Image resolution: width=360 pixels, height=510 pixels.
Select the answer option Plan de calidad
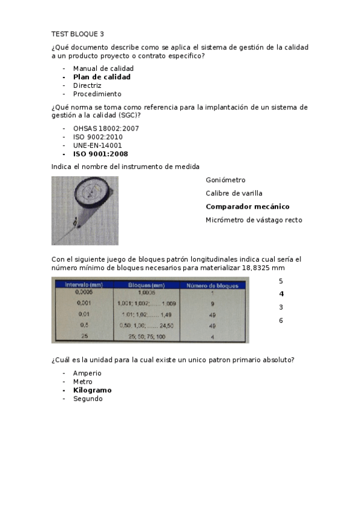click(x=102, y=77)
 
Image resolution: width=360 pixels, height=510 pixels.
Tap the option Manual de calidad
click(x=103, y=69)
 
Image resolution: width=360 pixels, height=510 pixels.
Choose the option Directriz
click(x=88, y=85)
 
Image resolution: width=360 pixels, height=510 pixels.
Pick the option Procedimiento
click(x=97, y=94)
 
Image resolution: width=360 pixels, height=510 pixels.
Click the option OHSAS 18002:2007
click(x=106, y=128)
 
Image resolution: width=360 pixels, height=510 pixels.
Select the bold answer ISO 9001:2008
click(x=100, y=153)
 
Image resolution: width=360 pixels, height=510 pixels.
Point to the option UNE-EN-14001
click(x=97, y=145)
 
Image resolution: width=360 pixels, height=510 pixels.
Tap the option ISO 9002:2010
click(x=98, y=137)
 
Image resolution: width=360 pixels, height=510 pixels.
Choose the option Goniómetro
click(x=225, y=180)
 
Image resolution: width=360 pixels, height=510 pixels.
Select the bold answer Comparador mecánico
click(x=247, y=206)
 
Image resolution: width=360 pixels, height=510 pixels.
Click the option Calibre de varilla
click(x=234, y=193)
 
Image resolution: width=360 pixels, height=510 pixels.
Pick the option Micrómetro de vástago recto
click(x=254, y=220)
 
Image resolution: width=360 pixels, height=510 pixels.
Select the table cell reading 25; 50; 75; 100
click(x=142, y=337)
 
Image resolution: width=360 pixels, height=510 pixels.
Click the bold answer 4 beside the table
click(x=281, y=294)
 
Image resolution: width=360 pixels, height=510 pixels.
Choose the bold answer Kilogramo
click(x=92, y=390)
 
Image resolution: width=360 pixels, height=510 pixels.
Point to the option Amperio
click(x=87, y=373)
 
